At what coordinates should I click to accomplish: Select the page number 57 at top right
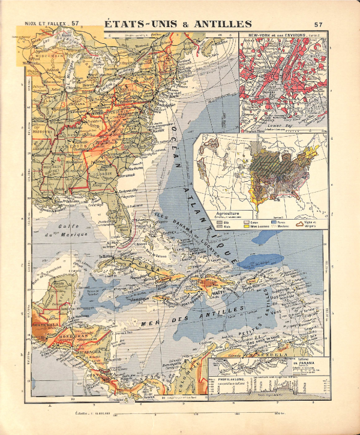(318, 25)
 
